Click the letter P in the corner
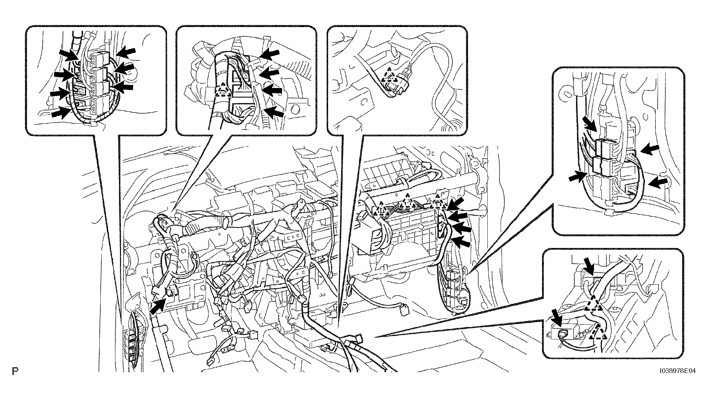point(15,371)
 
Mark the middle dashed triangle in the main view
point(407,202)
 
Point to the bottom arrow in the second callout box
point(274,112)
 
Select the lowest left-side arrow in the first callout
point(61,112)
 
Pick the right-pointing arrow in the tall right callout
point(578,177)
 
